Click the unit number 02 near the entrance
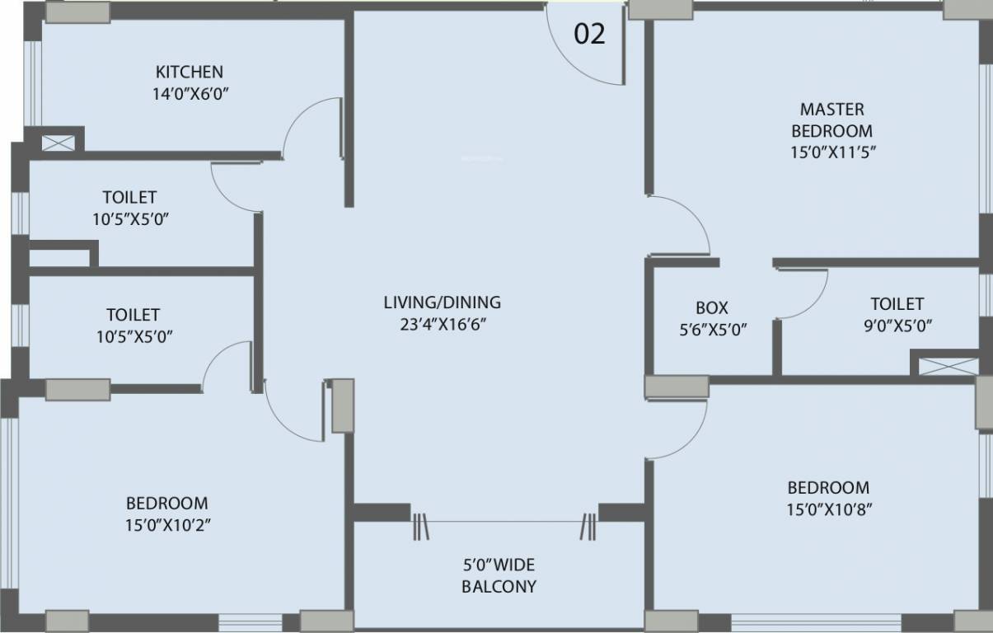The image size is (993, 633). pos(589,35)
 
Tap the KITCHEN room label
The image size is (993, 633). pos(189,72)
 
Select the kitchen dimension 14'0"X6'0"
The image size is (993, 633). pos(190,93)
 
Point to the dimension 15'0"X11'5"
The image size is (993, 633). pos(831,152)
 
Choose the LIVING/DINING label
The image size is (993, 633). pos(442,302)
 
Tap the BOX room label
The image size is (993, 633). pos(711,307)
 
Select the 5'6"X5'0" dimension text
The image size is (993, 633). pos(711,329)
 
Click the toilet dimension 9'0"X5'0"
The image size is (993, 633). pos(897,325)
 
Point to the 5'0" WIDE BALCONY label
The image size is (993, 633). pos(498,575)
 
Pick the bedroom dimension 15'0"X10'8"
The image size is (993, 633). pos(829,509)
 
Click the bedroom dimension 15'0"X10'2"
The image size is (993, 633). pos(167,524)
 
